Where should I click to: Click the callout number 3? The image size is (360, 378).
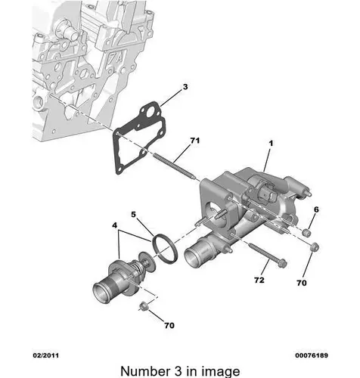[x=185, y=87]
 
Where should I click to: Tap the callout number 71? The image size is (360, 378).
[x=195, y=141]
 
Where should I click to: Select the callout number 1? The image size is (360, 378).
[x=271, y=144]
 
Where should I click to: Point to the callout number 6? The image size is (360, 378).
[x=316, y=209]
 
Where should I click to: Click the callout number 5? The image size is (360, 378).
[x=133, y=215]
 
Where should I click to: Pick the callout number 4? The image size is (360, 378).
[x=115, y=225]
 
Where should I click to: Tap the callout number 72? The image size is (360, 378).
[x=259, y=280]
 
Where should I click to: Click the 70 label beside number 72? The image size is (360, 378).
[x=302, y=283]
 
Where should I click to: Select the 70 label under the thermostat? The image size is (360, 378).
[x=169, y=325]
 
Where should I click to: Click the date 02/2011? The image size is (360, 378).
[x=46, y=355]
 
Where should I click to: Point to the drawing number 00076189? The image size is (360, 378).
[x=312, y=355]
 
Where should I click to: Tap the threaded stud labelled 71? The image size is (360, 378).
[x=175, y=166]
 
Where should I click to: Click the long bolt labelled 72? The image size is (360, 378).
[x=268, y=255]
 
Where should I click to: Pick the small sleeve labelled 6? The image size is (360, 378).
[x=306, y=232]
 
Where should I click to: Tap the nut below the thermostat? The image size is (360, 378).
[x=144, y=305]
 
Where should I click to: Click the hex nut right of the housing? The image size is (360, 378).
[x=314, y=247]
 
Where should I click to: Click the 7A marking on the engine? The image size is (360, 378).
[x=115, y=60]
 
